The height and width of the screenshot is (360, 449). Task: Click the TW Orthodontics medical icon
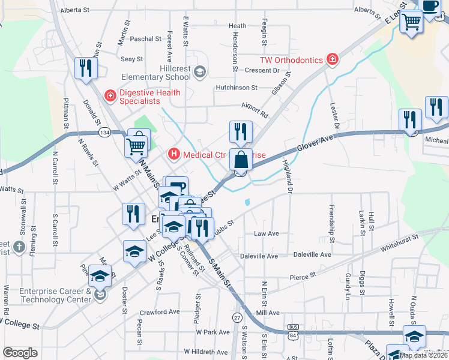(x=331, y=59)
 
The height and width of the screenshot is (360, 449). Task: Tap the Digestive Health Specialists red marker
(x=110, y=95)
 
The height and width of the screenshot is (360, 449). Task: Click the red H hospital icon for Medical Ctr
(x=174, y=155)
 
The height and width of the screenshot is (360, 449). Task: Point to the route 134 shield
(x=104, y=132)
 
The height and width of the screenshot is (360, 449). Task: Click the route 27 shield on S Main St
(x=238, y=317)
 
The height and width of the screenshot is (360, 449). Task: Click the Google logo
(x=20, y=352)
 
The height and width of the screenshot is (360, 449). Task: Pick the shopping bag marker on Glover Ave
(x=241, y=161)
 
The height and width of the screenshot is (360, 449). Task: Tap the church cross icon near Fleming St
(x=19, y=247)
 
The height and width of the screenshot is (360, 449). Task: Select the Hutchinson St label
(x=237, y=87)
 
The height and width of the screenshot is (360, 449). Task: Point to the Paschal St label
(x=146, y=38)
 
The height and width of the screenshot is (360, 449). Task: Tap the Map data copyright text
(x=424, y=355)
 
